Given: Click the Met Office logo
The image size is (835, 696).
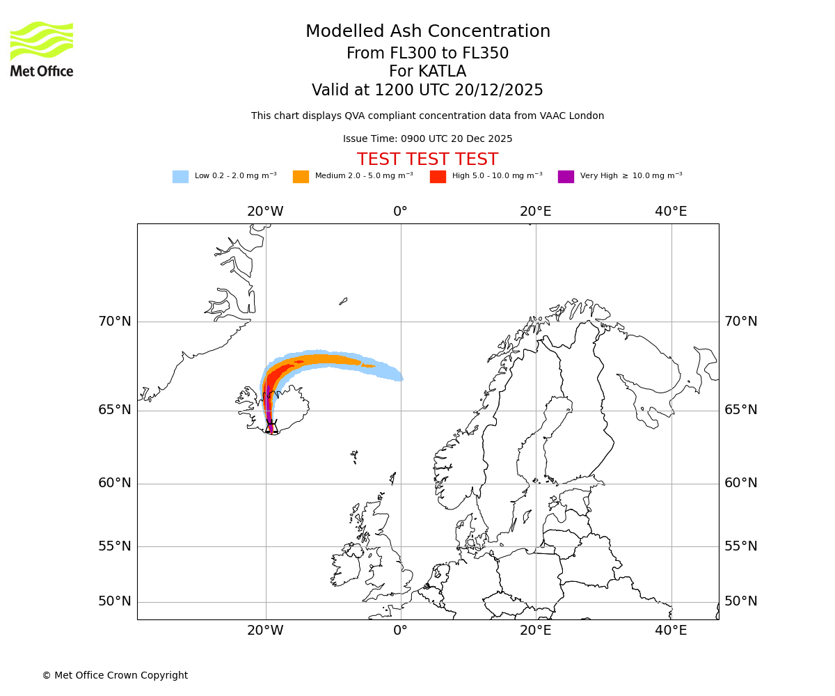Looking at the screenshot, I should coord(42,49).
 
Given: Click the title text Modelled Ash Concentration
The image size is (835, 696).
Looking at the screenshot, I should coord(427,32).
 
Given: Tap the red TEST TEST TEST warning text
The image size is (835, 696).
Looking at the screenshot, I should coord(427,159).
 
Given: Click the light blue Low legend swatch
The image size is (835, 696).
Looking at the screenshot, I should coord(180,177).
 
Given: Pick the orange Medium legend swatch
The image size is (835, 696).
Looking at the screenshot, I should coord(301,177).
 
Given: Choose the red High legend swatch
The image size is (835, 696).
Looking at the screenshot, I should coord(438,177).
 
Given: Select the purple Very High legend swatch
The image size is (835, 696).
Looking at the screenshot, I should coord(566,177).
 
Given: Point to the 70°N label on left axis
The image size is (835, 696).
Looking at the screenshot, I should coord(114,322).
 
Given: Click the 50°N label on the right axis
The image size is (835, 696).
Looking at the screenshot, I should coord(740,601).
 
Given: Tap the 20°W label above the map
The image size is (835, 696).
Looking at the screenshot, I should coord(265,212).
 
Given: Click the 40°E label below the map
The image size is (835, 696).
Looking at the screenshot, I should coord(671,631).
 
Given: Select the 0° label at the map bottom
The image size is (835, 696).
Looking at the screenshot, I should coord(400,631).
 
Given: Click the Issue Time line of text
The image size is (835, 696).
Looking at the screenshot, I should coord(427,139).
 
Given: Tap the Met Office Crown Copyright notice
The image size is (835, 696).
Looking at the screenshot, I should coord(115,675).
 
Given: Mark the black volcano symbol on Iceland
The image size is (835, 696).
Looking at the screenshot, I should coord(271,425).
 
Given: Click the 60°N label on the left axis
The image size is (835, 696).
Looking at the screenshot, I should coord(114,483).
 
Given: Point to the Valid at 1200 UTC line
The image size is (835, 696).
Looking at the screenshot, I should coord(427,90).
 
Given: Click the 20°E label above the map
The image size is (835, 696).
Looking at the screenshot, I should coord(535,212).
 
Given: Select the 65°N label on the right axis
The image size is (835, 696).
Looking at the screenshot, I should coord(740,410).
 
